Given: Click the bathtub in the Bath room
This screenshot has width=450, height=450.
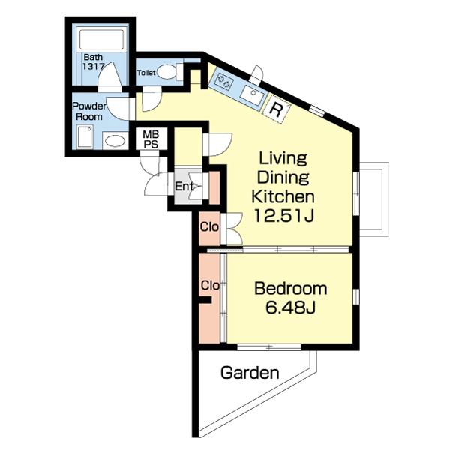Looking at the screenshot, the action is click(x=101, y=40).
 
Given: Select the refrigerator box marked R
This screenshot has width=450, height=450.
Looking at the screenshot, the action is click(x=276, y=109).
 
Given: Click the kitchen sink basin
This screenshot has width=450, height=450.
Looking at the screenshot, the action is click(x=252, y=94).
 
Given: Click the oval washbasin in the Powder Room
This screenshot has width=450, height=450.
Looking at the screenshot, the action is click(x=115, y=141).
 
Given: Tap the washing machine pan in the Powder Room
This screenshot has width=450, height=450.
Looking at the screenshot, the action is click(x=85, y=137).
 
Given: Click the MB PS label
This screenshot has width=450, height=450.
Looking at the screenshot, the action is click(x=151, y=139).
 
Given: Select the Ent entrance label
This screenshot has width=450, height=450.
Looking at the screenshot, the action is click(x=184, y=187).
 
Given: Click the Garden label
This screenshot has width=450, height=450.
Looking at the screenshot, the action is click(x=250, y=373).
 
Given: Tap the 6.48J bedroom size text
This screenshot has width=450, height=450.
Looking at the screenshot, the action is click(x=290, y=307).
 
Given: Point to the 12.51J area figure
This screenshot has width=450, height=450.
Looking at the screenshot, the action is click(x=283, y=216).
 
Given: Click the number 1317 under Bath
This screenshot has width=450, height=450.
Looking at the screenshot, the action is click(x=93, y=67).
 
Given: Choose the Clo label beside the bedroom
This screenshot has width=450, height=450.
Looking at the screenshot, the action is click(x=210, y=286).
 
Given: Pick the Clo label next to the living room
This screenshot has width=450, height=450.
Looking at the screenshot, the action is click(x=209, y=227).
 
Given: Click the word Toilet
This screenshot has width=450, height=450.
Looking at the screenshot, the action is click(x=146, y=73).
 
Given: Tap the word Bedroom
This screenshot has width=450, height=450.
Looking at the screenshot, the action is click(x=290, y=289).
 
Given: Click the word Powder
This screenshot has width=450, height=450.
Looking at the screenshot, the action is click(x=89, y=106).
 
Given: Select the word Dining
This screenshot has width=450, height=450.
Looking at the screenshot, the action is click(x=283, y=178).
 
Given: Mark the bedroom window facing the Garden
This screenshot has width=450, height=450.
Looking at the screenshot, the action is click(x=269, y=347).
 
